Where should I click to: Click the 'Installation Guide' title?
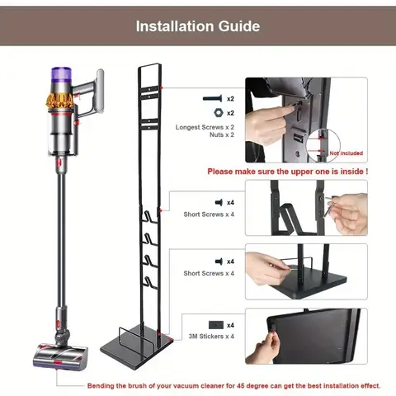pos(198,26)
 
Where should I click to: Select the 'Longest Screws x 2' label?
pos(205,127)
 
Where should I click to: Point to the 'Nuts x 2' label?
pos(205,135)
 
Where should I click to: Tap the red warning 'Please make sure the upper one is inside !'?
pos(287,172)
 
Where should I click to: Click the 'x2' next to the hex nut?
pos(231,111)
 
